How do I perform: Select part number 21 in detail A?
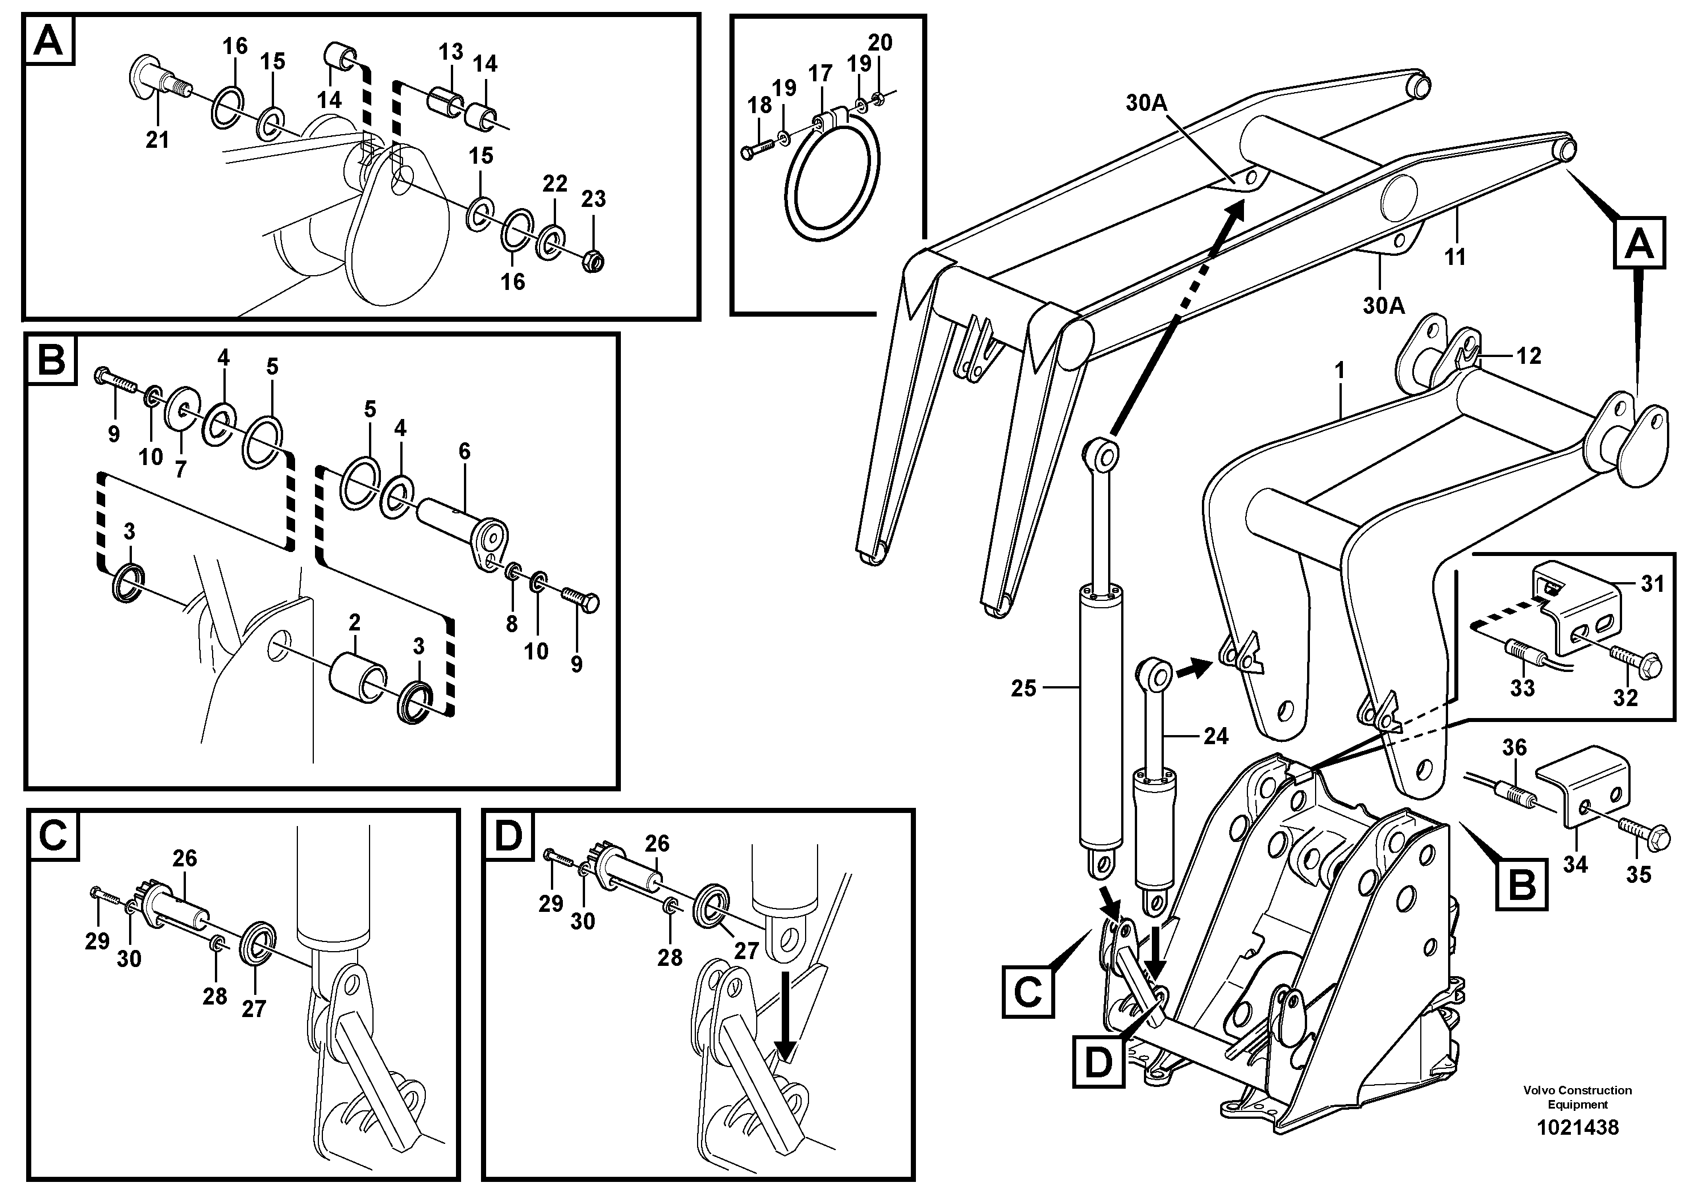point(157,139)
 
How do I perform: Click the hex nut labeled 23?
point(593,259)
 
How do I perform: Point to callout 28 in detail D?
point(670,958)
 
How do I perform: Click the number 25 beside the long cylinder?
point(1023,689)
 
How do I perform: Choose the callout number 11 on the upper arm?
point(1454,257)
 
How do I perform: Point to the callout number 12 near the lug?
point(1528,356)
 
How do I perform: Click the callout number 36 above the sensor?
point(1515,748)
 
